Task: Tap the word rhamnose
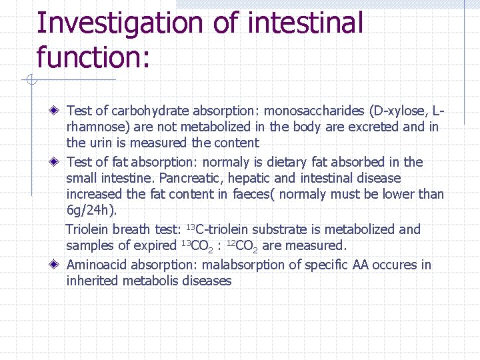[95, 127]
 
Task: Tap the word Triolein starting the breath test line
[89, 229]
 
